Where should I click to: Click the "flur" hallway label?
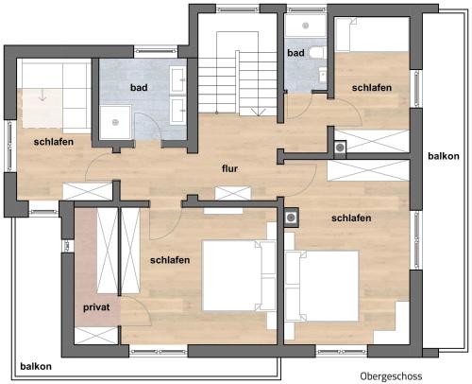click(x=229, y=168)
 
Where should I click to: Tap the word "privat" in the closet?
click(x=96, y=307)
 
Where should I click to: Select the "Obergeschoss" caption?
click(x=391, y=375)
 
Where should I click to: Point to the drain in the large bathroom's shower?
click(x=115, y=122)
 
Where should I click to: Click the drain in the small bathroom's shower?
click(x=305, y=26)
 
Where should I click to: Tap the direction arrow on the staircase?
click(x=258, y=112)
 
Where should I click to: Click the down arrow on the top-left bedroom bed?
click(x=42, y=95)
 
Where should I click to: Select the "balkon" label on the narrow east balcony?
click(x=444, y=156)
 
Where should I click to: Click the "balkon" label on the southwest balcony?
click(x=36, y=366)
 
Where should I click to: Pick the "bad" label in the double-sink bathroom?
click(x=139, y=87)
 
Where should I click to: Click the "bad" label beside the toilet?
click(x=295, y=53)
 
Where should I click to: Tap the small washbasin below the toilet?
click(x=323, y=75)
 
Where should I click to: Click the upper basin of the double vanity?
click(x=178, y=79)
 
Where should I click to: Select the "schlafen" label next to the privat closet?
click(x=170, y=260)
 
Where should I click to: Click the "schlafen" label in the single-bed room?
click(x=372, y=87)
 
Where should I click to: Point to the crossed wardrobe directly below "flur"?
click(x=233, y=193)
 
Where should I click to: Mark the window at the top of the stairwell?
click(x=239, y=9)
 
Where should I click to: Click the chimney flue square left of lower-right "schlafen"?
click(x=291, y=218)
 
